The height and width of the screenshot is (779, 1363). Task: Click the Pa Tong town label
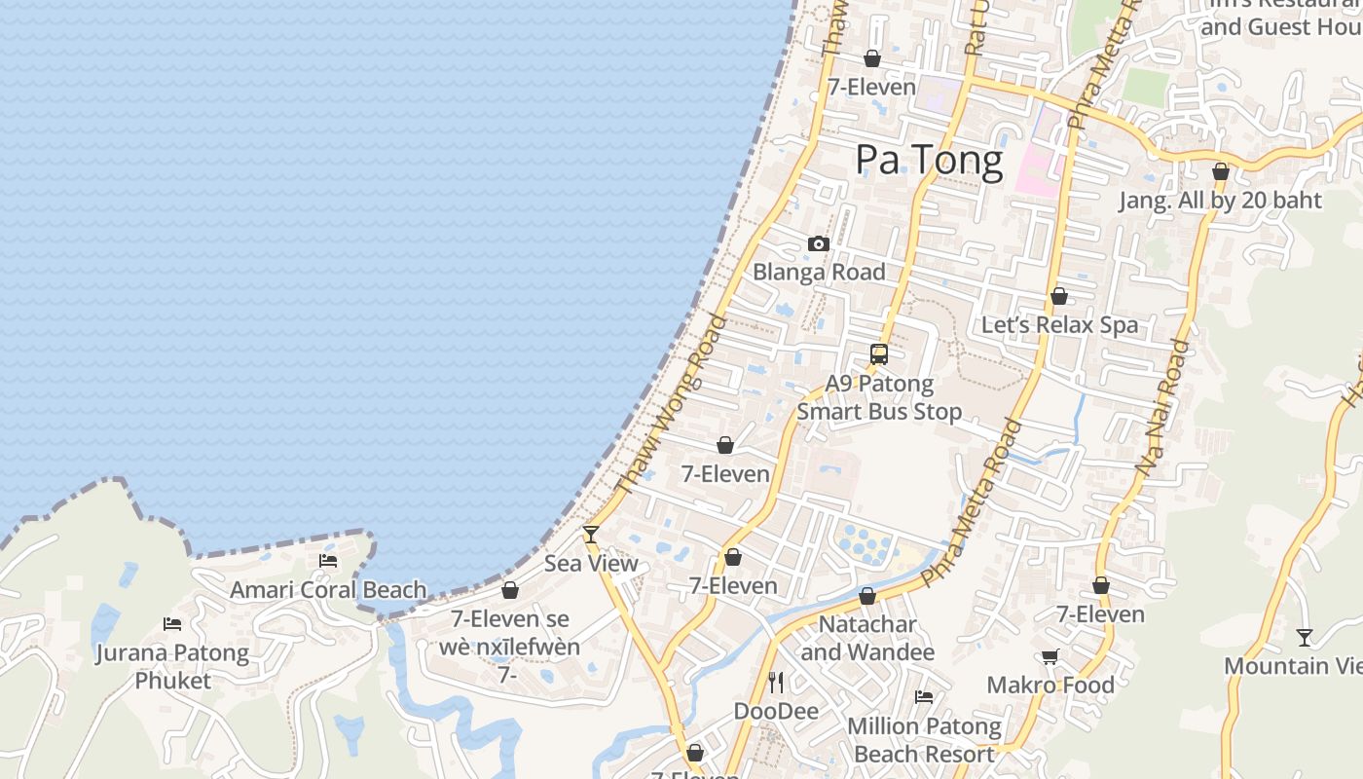click(x=929, y=161)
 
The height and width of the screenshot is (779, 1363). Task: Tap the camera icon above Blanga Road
click(x=819, y=243)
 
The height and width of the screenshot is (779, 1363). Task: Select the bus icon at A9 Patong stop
click(x=879, y=354)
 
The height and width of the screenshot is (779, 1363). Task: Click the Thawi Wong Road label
click(x=672, y=403)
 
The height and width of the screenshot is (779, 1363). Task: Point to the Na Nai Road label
click(x=1163, y=407)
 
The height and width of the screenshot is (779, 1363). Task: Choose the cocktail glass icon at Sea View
click(x=590, y=534)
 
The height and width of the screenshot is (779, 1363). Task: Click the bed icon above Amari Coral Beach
click(x=328, y=561)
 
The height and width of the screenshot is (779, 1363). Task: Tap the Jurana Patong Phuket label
click(x=172, y=666)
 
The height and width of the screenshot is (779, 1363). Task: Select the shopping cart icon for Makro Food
click(x=1050, y=657)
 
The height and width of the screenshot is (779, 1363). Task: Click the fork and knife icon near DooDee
click(x=776, y=682)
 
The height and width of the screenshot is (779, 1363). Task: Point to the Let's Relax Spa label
click(x=1059, y=325)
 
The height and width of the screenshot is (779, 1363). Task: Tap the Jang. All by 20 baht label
click(x=1220, y=201)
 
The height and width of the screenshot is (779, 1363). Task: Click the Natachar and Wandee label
click(x=867, y=638)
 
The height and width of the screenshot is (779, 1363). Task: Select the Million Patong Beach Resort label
click(x=924, y=740)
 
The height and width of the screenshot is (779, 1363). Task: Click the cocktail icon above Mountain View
click(x=1305, y=638)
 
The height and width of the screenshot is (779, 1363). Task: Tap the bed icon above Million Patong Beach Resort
click(x=924, y=697)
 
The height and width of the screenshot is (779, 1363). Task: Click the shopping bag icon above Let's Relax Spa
click(x=1059, y=296)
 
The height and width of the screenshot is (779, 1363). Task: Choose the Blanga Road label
click(x=819, y=273)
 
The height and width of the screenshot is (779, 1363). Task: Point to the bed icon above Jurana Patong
click(x=172, y=624)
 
